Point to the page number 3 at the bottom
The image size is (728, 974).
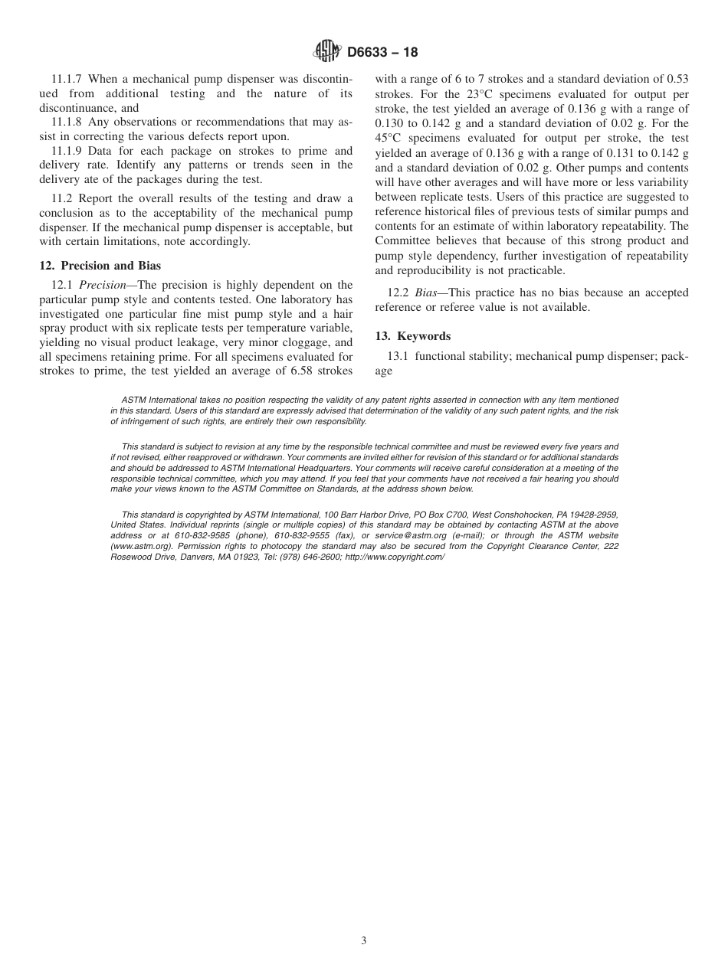click(x=364, y=940)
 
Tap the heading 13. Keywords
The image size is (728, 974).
click(x=412, y=335)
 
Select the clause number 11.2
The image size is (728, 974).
click(x=62, y=198)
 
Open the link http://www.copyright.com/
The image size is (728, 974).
click(x=395, y=557)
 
